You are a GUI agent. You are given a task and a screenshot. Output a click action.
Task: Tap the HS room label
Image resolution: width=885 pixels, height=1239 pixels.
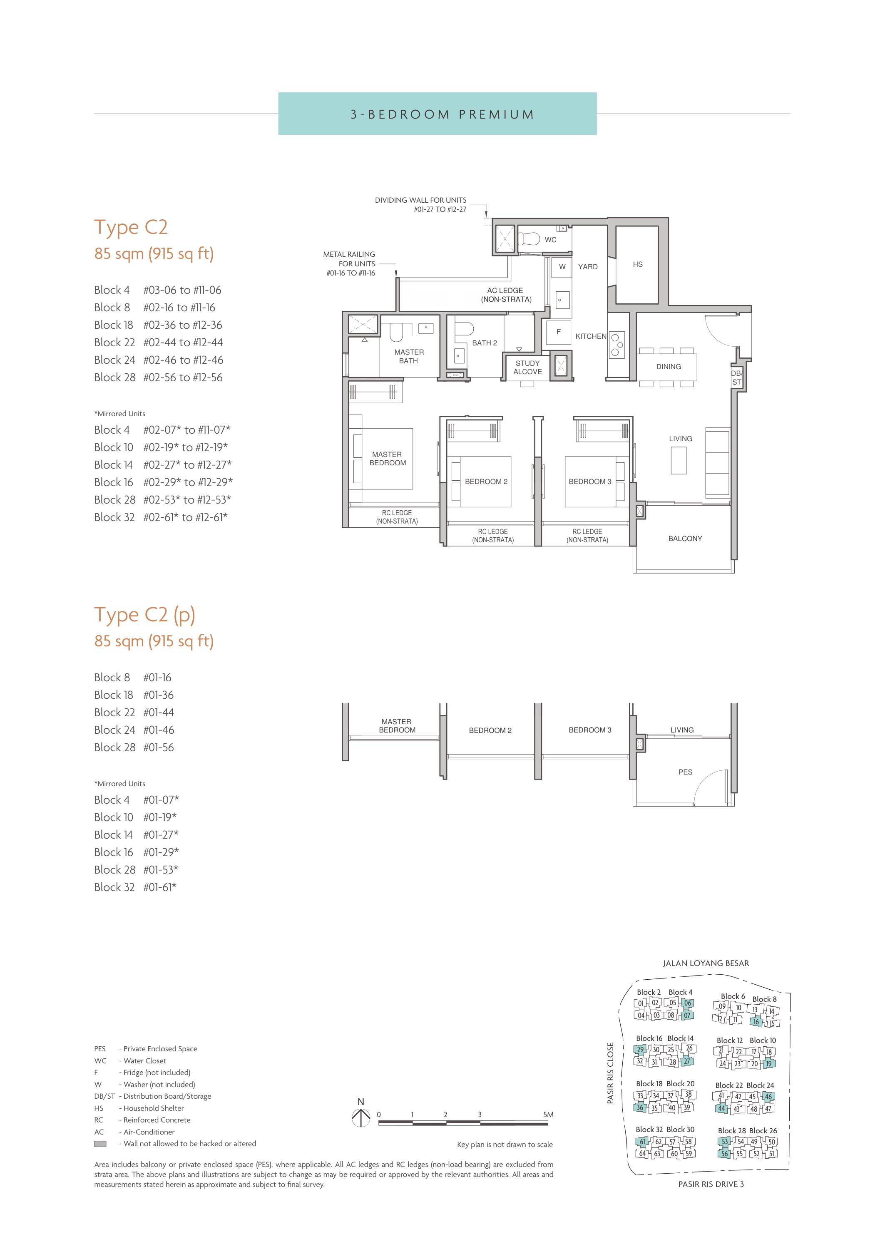[x=638, y=264]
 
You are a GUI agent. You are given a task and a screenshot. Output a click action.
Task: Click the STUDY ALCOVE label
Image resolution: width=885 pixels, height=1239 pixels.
[x=527, y=367]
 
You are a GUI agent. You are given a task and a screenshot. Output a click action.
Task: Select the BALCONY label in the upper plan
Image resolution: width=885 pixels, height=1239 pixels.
[x=685, y=538]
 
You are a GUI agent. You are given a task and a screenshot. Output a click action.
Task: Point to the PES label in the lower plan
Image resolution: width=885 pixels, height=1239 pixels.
[x=685, y=772]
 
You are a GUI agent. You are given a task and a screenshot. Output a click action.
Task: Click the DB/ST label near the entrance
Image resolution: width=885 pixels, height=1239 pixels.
[x=736, y=377]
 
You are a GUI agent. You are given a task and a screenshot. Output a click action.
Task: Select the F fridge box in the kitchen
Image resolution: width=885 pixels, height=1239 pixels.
[x=559, y=332]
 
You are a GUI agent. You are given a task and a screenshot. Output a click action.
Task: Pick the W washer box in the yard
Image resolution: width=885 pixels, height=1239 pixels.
[x=562, y=267]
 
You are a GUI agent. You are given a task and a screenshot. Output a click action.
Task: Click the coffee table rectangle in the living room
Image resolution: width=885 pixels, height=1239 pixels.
[x=679, y=460]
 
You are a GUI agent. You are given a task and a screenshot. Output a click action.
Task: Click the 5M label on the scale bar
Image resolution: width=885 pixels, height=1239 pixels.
[x=548, y=1115]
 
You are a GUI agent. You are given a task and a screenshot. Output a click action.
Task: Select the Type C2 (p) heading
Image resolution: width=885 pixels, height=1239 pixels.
[x=144, y=615]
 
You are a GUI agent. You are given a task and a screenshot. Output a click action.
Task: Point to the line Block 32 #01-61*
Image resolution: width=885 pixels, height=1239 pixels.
[x=135, y=887]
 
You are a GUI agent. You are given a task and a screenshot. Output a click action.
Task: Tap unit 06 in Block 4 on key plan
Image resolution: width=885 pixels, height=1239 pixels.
[x=688, y=1003]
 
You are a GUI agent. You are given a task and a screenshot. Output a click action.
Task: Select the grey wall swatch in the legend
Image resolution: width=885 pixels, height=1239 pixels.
[x=100, y=1144]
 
